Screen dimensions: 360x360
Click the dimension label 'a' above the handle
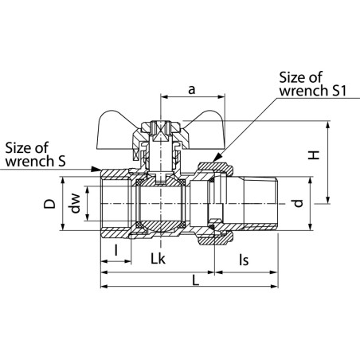[191, 90]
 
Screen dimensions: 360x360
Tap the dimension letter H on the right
[314, 155]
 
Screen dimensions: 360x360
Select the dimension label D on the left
[49, 203]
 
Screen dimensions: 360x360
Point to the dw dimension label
[76, 203]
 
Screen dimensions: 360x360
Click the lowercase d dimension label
[299, 203]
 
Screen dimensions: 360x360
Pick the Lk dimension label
[158, 259]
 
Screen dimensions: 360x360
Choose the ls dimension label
[244, 260]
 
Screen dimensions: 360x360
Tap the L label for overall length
[195, 280]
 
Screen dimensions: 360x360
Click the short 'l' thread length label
[115, 250]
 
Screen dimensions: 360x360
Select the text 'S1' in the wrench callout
[339, 91]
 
